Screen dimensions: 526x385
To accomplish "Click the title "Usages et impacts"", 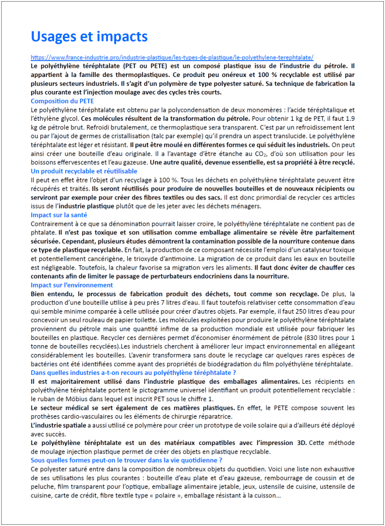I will pyautogui.click(x=89, y=37).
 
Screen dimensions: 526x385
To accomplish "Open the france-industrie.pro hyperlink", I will pyautogui.click(x=172, y=58).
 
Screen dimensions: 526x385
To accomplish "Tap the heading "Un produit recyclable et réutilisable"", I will pyautogui.click(x=84, y=171).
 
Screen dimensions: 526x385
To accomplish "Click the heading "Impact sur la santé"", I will pyautogui.click(x=59, y=215).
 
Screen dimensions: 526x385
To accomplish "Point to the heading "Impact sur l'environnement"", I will pyautogui.click(x=72, y=285).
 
